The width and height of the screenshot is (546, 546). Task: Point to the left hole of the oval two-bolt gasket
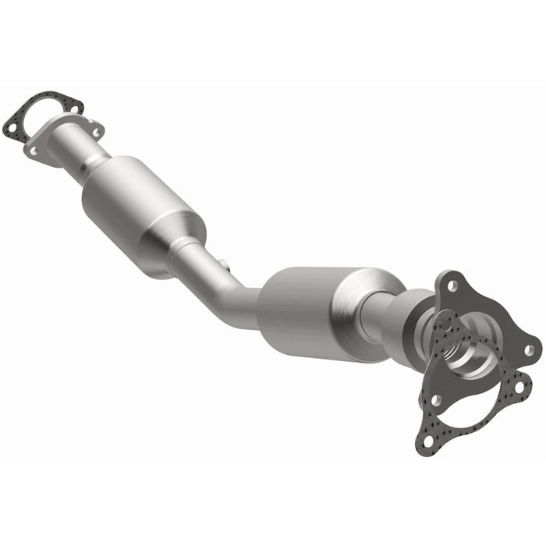pos(12,123)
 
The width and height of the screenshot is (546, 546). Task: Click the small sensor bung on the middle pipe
pos(222,264)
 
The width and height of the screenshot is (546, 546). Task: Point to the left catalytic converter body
pos(144,206)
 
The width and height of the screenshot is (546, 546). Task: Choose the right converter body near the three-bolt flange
pos(312,308)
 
